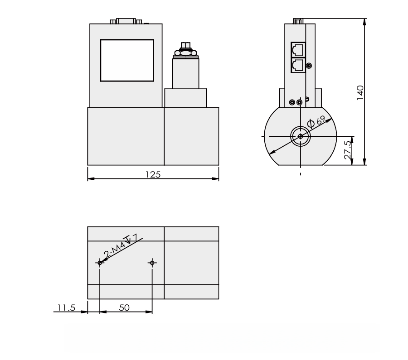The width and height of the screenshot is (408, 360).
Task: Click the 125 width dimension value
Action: pos(153,174)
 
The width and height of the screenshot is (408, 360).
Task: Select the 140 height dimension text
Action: pos(359,92)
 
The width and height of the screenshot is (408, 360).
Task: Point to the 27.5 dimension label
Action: pos(348,149)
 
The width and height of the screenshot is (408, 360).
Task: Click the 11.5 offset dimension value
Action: pos(66,307)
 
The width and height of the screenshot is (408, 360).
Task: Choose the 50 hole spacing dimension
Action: pos(124,307)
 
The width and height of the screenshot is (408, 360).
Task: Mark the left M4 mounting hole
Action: pos(100,263)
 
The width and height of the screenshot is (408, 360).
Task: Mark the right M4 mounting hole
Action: pos(152,263)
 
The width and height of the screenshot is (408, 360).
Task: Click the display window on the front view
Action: pos(127,60)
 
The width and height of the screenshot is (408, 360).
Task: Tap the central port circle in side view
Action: pos(300,136)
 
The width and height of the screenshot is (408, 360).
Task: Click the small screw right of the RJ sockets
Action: pos(309,66)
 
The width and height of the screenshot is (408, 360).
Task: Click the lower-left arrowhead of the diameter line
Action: pos(272,153)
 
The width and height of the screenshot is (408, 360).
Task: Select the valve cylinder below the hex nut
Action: pos(186,72)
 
